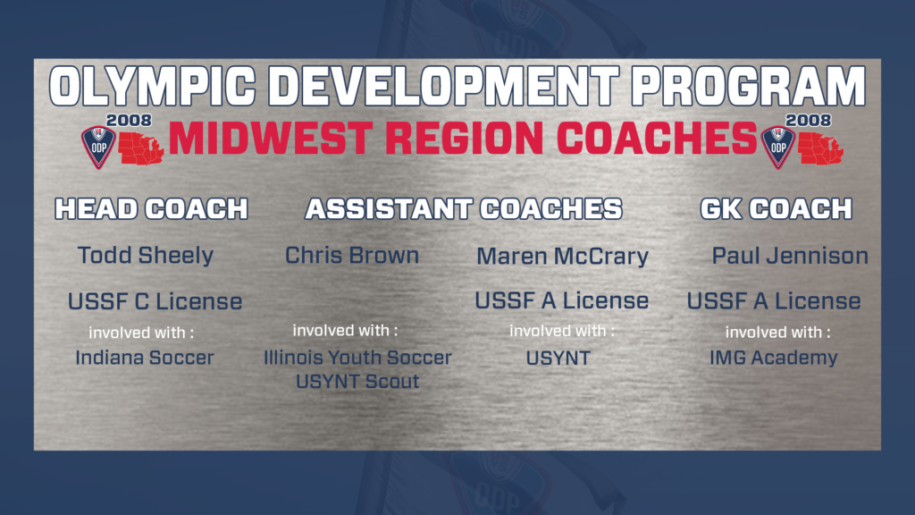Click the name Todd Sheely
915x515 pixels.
click(x=146, y=256)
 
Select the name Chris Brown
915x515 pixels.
click(x=352, y=256)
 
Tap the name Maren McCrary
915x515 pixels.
click(x=562, y=257)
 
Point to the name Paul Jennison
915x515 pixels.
click(x=790, y=257)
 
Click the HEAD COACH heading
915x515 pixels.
click(x=151, y=209)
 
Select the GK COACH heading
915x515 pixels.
click(x=776, y=209)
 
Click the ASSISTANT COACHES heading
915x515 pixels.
click(x=464, y=209)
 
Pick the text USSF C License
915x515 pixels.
click(x=155, y=301)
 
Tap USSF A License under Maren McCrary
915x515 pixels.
click(x=562, y=300)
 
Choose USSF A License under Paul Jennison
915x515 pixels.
click(x=774, y=301)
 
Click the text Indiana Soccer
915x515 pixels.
click(x=145, y=358)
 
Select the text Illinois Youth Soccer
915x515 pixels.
click(x=357, y=358)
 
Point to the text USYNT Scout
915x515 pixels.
click(x=358, y=382)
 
